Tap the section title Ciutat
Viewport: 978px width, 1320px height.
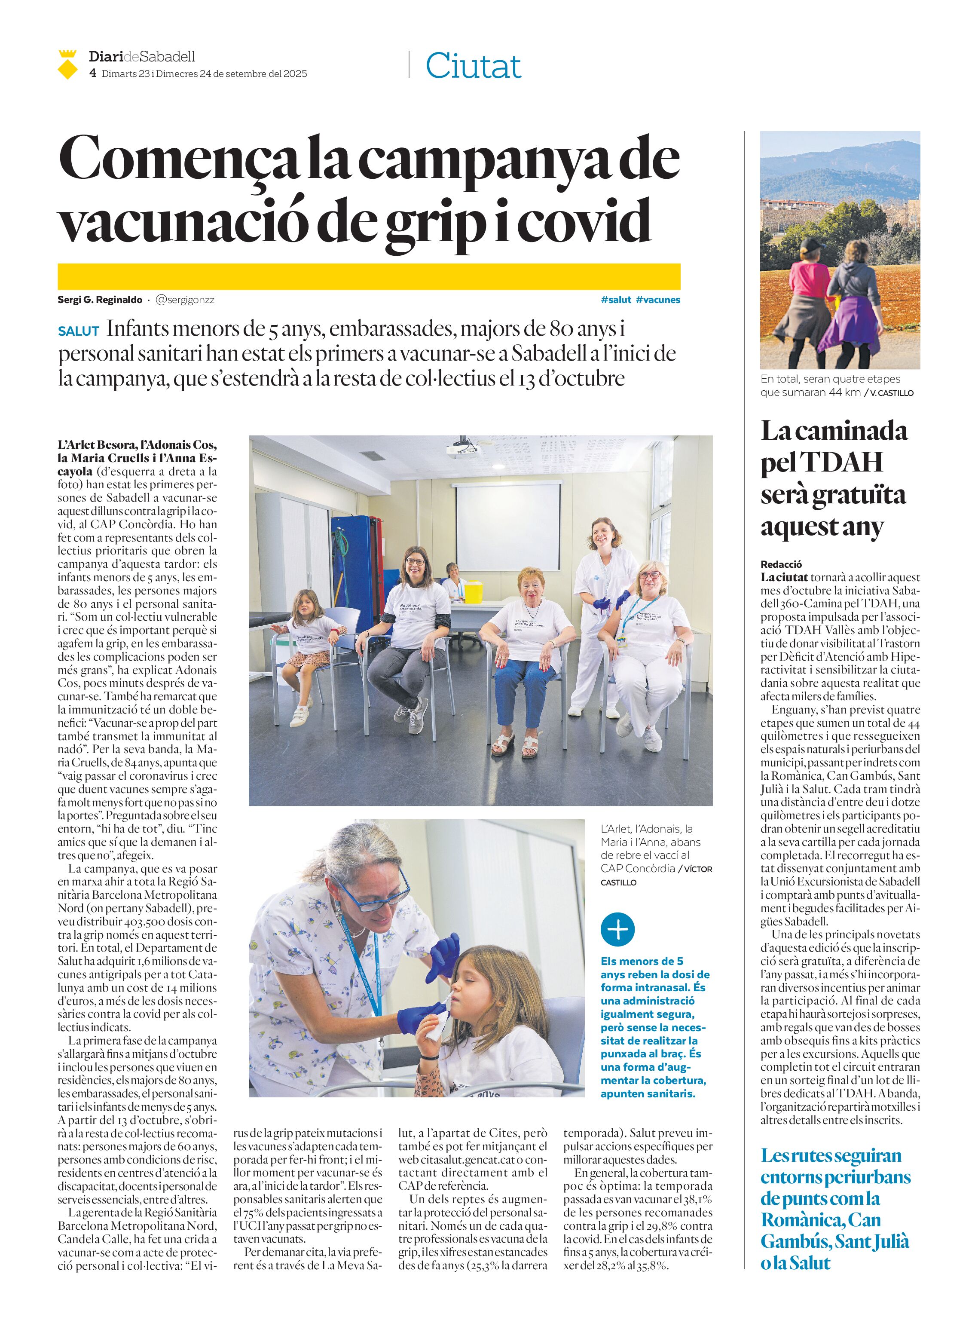(473, 66)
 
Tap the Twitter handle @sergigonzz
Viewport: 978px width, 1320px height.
(185, 300)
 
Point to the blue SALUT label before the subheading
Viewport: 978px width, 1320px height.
(78, 331)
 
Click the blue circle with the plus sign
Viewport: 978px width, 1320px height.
(617, 929)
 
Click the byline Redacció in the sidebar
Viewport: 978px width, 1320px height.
(781, 564)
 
